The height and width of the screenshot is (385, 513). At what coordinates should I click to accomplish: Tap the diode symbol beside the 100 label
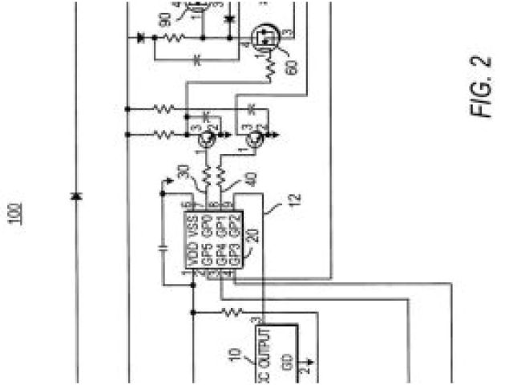tap(76, 196)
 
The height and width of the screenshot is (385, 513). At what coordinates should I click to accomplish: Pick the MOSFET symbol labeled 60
tap(263, 37)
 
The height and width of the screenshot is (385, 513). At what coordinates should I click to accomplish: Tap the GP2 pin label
tap(234, 221)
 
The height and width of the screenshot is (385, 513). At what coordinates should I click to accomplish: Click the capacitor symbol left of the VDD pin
tap(164, 248)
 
